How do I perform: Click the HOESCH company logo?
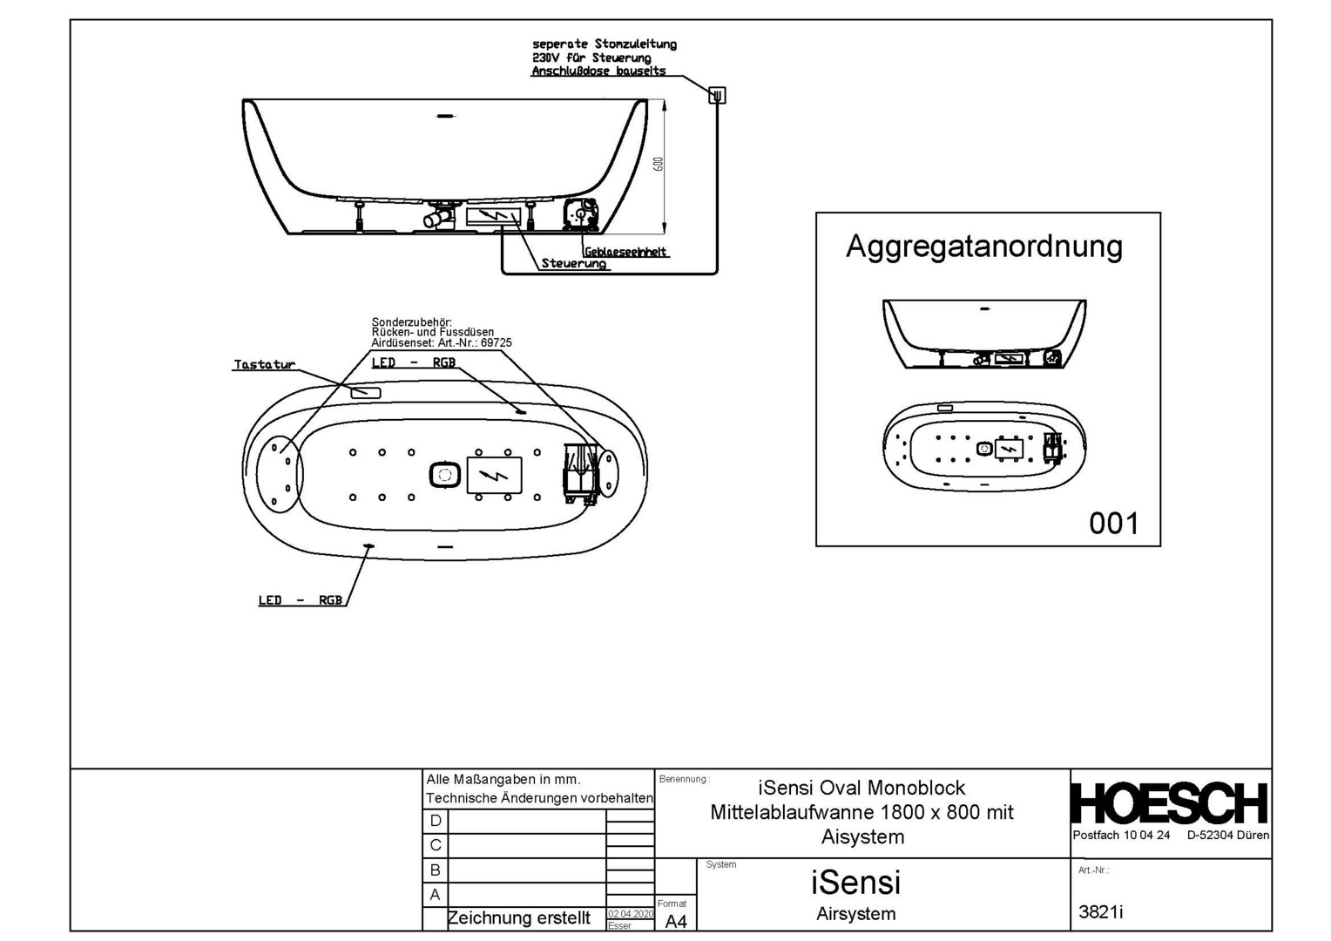[x=1169, y=803]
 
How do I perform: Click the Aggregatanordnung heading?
[x=984, y=247]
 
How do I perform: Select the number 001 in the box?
[x=1113, y=524]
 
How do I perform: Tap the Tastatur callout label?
[x=264, y=364]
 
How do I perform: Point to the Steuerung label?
[x=573, y=263]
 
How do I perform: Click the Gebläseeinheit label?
[x=625, y=252]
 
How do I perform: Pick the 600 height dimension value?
[x=659, y=164]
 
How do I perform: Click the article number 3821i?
[x=1101, y=911]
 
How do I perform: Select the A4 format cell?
[x=676, y=921]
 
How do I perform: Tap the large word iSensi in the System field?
[x=855, y=883]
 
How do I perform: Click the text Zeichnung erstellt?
[x=518, y=918]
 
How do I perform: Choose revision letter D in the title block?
[x=436, y=821]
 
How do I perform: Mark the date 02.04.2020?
[x=630, y=914]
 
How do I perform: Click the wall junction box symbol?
[x=717, y=95]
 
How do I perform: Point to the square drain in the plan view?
[x=445, y=475]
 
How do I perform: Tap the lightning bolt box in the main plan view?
[x=494, y=475]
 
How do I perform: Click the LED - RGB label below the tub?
[x=301, y=600]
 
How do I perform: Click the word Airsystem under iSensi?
[x=855, y=914]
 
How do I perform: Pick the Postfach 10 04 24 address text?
[x=1121, y=835]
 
